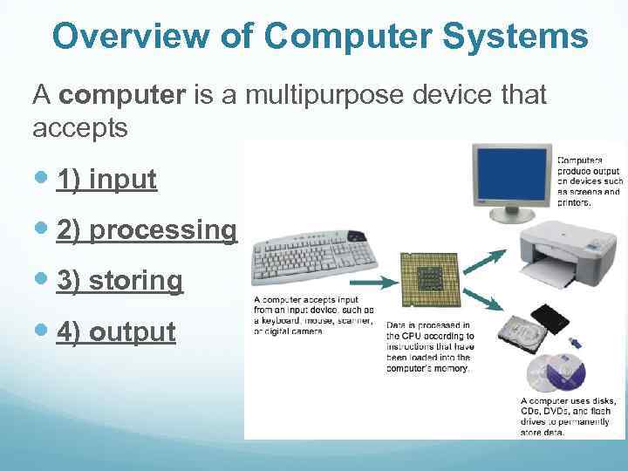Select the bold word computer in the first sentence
coord(123,95)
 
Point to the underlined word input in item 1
coord(123,180)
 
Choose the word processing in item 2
coord(162,230)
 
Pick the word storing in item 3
coord(136,281)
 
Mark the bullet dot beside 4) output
coord(44,332)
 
